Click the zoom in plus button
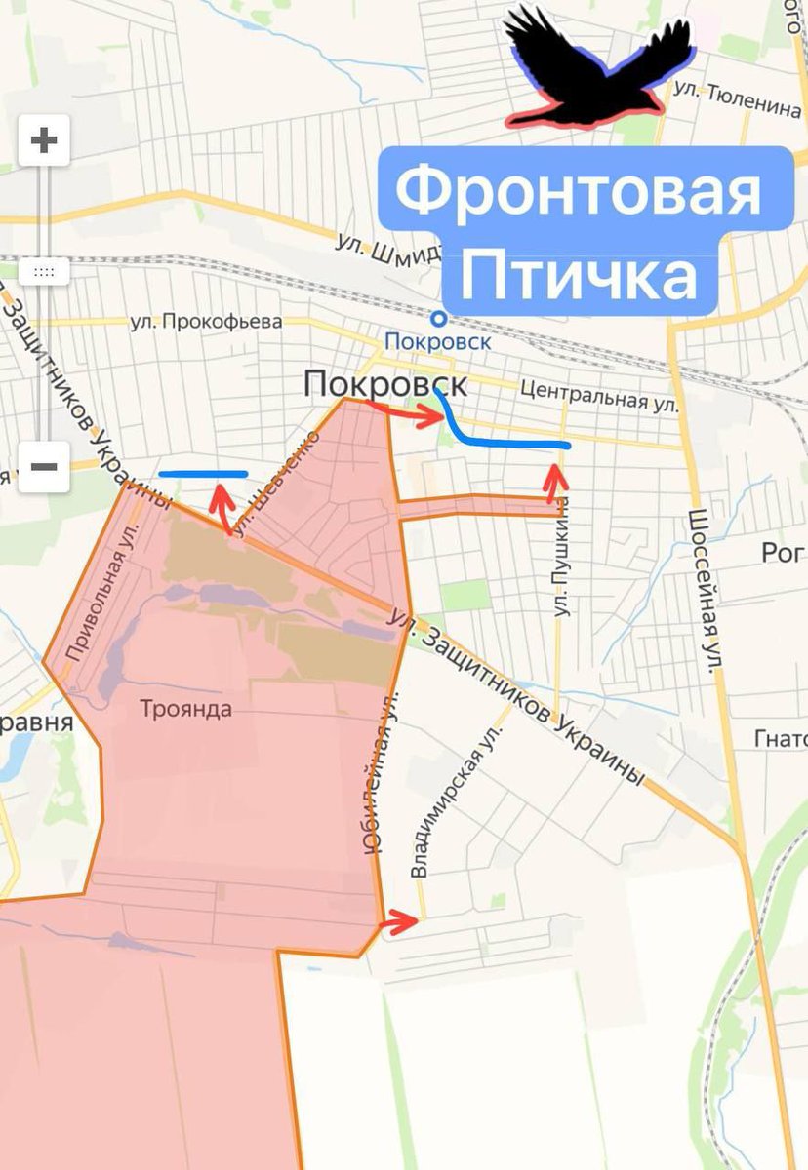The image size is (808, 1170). coord(43,141)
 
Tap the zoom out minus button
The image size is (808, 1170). coord(43,466)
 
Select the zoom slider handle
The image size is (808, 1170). coord(43,272)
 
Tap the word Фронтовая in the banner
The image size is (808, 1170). coord(578,190)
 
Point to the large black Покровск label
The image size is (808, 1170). coord(384,383)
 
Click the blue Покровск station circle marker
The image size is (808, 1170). coord(439,318)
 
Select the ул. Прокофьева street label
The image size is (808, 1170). coord(206,322)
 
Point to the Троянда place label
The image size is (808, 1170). coord(185,709)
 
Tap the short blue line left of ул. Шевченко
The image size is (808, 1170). coord(203,474)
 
